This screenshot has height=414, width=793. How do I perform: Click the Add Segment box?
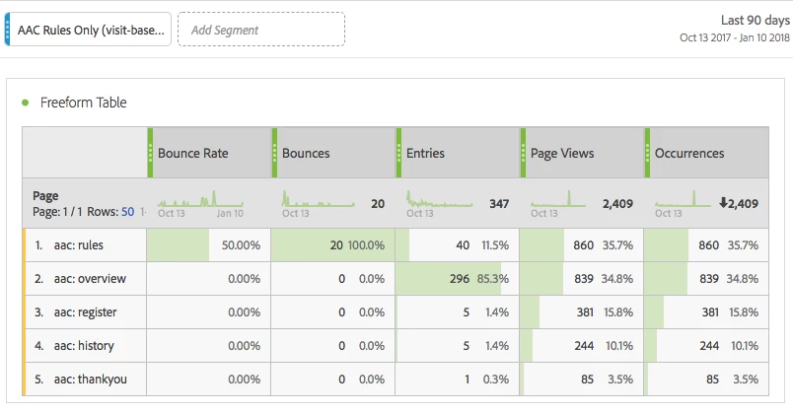click(260, 30)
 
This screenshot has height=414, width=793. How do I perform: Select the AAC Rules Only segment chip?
click(90, 30)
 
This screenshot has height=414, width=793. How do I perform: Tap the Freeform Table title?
click(83, 103)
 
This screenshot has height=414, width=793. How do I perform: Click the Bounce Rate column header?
click(192, 153)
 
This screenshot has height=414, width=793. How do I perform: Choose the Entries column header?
click(425, 153)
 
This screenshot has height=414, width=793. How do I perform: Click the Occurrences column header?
click(688, 153)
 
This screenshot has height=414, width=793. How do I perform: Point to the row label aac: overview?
click(91, 279)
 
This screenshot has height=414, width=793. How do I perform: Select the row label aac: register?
click(87, 312)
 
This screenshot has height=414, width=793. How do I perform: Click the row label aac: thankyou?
click(91, 379)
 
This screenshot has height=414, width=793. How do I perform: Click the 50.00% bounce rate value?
click(240, 245)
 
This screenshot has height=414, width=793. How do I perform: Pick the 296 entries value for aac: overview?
click(459, 279)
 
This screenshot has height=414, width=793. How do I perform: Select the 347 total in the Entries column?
click(499, 204)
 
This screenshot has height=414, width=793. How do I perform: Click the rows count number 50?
click(127, 212)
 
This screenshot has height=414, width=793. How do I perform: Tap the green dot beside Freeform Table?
click(25, 102)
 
